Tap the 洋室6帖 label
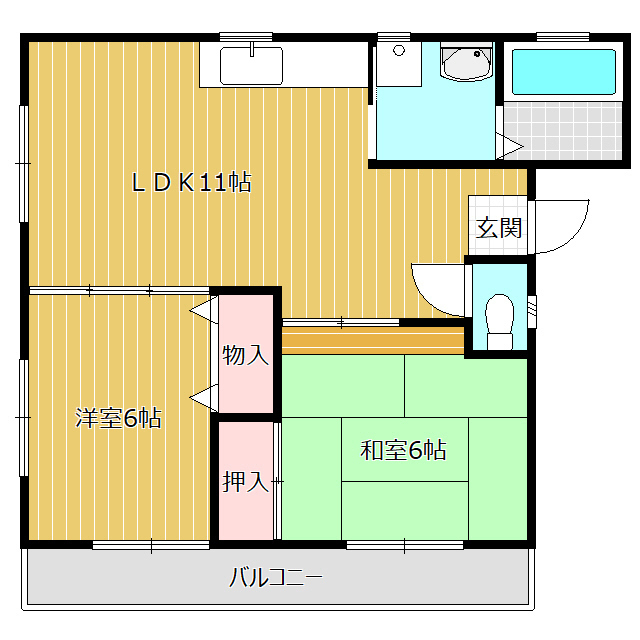(118, 418)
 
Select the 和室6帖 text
(403, 450)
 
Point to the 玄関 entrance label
(498, 228)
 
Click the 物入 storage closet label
(245, 354)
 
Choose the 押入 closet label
(245, 482)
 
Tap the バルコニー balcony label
(275, 577)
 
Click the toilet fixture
(497, 319)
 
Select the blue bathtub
(563, 71)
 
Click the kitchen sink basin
(252, 66)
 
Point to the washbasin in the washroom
(466, 64)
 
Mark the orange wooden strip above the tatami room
(373, 341)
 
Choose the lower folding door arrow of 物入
(203, 397)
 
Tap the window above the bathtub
(562, 37)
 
